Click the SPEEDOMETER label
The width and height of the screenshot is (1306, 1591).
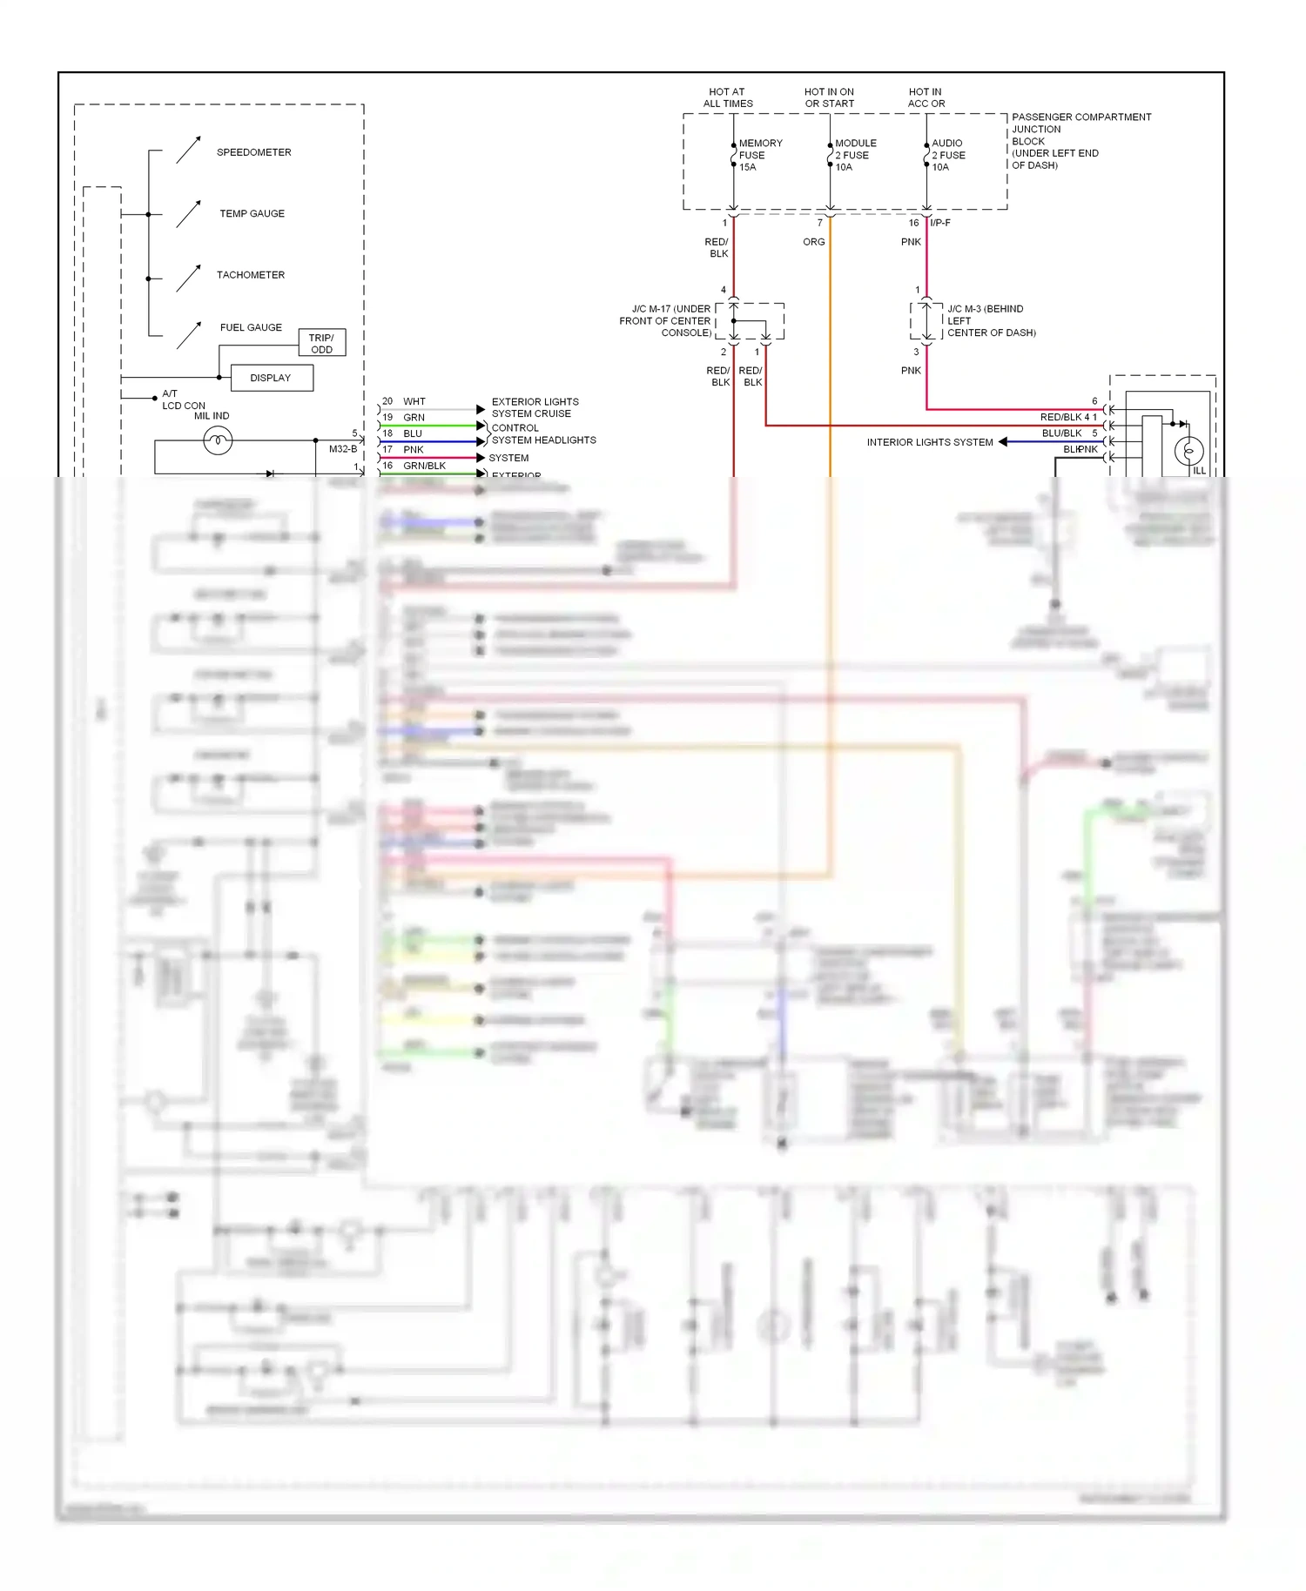pyautogui.click(x=253, y=152)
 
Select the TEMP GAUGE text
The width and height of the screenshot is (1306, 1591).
pyautogui.click(x=252, y=213)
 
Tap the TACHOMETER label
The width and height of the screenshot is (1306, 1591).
pyautogui.click(x=251, y=275)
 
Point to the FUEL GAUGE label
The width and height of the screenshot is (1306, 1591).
pyautogui.click(x=251, y=327)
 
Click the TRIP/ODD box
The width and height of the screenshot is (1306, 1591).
pyautogui.click(x=321, y=343)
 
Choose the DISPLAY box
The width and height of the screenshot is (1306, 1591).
pyautogui.click(x=271, y=378)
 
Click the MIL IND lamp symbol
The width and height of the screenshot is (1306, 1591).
pyautogui.click(x=218, y=441)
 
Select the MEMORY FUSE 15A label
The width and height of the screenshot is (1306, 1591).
pyautogui.click(x=760, y=155)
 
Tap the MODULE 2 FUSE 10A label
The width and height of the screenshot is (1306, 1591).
pyautogui.click(x=855, y=155)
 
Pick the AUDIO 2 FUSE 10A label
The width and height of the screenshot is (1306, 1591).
pyautogui.click(x=948, y=155)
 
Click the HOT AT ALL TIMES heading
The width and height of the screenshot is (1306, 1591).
pyautogui.click(x=728, y=97)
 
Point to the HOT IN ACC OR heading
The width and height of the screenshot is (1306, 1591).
pyautogui.click(x=926, y=97)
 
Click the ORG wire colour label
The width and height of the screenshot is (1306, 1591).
pyautogui.click(x=814, y=242)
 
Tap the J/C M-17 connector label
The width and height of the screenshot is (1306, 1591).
pyautogui.click(x=666, y=320)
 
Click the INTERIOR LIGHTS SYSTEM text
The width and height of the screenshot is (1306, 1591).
pyautogui.click(x=929, y=442)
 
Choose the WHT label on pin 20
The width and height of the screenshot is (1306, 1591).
pyautogui.click(x=414, y=401)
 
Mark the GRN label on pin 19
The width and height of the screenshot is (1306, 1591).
pyautogui.click(x=414, y=418)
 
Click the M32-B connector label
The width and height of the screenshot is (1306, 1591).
pyautogui.click(x=343, y=449)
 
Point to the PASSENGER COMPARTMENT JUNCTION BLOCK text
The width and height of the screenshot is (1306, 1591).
pyautogui.click(x=1080, y=140)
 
